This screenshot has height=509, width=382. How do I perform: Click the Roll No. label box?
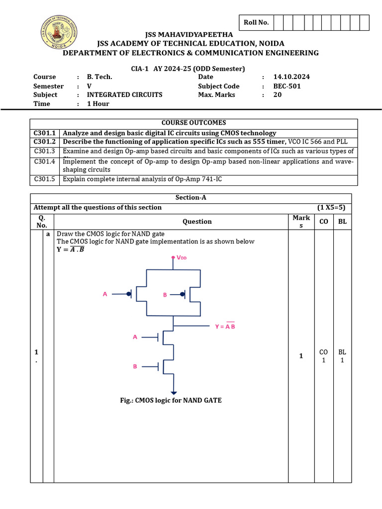click(256, 22)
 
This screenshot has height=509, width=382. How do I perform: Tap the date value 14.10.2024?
click(291, 77)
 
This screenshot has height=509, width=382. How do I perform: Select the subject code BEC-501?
click(287, 86)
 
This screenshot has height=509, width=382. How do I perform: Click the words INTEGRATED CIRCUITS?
click(124, 95)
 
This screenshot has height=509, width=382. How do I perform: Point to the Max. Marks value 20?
click(278, 95)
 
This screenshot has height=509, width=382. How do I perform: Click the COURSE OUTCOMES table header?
click(193, 123)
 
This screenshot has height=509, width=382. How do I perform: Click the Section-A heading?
click(191, 198)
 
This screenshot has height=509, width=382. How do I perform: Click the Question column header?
click(197, 222)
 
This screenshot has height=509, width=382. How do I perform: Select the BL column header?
click(342, 222)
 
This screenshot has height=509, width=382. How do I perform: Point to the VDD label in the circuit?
click(181, 258)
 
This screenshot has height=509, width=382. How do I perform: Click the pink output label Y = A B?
click(225, 326)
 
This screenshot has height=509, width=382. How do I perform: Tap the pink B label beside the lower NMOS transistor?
click(135, 367)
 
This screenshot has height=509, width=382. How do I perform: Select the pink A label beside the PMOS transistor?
click(105, 294)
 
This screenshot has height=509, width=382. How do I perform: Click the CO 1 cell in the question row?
click(324, 356)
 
